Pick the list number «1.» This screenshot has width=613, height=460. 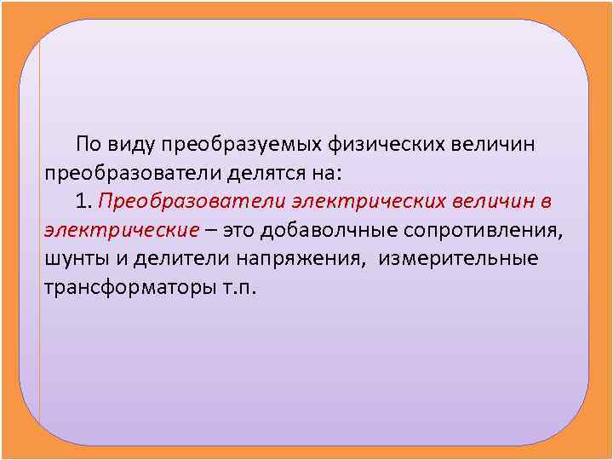tap(83, 200)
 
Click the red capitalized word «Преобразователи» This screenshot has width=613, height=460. tap(192, 200)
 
